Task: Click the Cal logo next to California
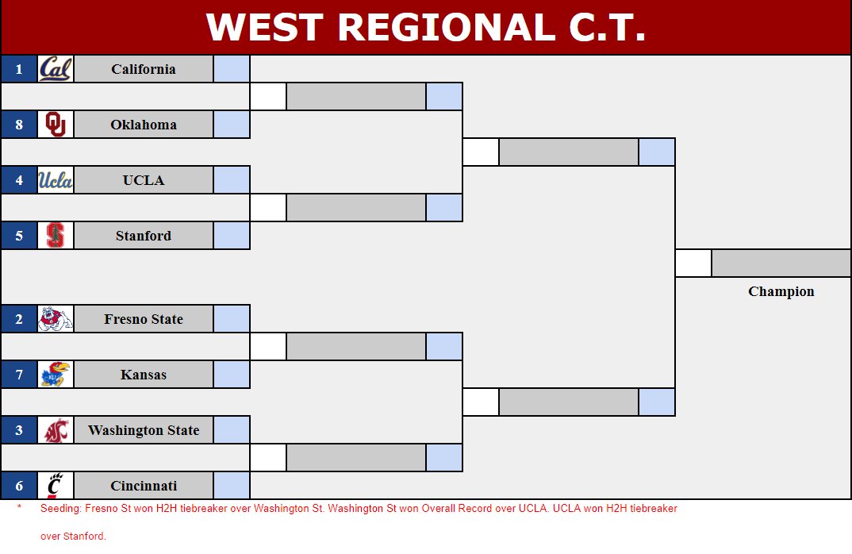[x=56, y=69]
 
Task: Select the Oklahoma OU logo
[x=56, y=125]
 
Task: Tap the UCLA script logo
[x=56, y=180]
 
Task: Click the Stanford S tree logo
[x=56, y=236]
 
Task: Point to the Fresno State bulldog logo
[x=56, y=319]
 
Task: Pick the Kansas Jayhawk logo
[x=56, y=375]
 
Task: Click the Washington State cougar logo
[x=56, y=430]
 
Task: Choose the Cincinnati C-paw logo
[x=56, y=486]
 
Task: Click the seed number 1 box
[x=19, y=69]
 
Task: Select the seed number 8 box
[x=19, y=125]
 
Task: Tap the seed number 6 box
[x=19, y=486]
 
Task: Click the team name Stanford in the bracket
[x=144, y=236]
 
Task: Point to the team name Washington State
[x=144, y=430]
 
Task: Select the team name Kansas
[x=144, y=375]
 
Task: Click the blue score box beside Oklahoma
[x=232, y=125]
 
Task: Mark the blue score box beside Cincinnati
[x=232, y=486]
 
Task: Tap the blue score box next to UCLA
[x=232, y=180]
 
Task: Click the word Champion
[x=781, y=291]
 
